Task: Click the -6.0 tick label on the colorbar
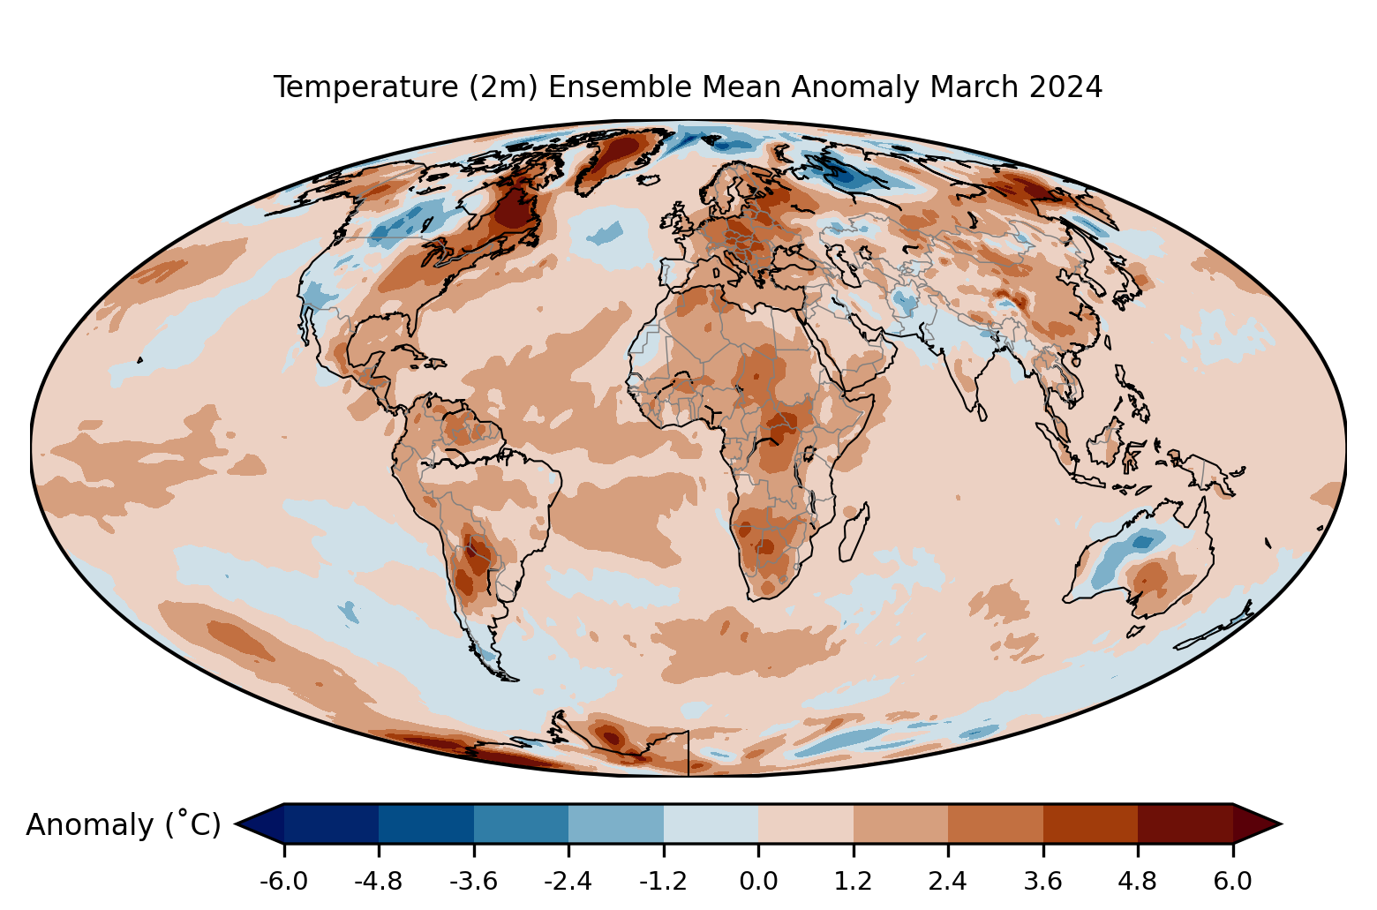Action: (283, 881)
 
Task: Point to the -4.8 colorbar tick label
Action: (379, 881)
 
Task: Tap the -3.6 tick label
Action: (474, 881)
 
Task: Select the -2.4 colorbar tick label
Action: (568, 881)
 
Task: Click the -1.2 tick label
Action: (664, 881)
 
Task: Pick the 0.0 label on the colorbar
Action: (758, 881)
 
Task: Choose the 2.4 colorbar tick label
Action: (948, 881)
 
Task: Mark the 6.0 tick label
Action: (1232, 881)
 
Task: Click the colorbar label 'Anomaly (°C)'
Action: (123, 824)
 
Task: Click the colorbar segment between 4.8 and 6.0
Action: (1185, 824)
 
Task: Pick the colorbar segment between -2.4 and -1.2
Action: (616, 824)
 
